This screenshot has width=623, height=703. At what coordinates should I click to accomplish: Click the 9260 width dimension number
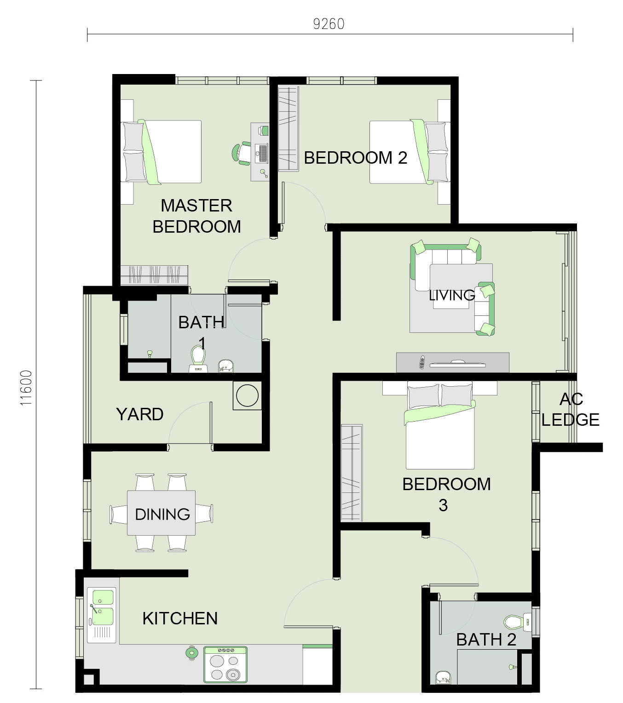(x=329, y=24)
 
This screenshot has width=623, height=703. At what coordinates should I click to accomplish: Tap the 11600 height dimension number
(x=26, y=388)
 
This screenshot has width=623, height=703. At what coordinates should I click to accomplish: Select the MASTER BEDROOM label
(x=196, y=216)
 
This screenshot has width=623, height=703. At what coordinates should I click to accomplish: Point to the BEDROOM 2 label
(x=355, y=158)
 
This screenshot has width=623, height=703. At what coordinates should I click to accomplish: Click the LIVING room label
(x=452, y=295)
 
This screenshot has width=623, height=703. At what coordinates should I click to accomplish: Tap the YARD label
(x=139, y=414)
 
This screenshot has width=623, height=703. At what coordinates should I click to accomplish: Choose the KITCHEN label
(x=180, y=618)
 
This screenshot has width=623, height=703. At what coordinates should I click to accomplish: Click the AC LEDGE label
(x=571, y=410)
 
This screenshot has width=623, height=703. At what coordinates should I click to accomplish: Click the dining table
(x=161, y=513)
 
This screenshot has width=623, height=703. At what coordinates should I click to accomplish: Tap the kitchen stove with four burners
(x=225, y=664)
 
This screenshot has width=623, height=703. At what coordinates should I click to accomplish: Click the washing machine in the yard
(x=247, y=395)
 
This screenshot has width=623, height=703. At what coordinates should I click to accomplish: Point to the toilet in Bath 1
(x=198, y=359)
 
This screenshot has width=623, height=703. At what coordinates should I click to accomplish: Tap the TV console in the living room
(x=453, y=363)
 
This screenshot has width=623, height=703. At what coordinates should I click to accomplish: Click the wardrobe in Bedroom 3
(x=352, y=473)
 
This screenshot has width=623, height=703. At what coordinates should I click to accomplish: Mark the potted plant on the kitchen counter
(x=191, y=653)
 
